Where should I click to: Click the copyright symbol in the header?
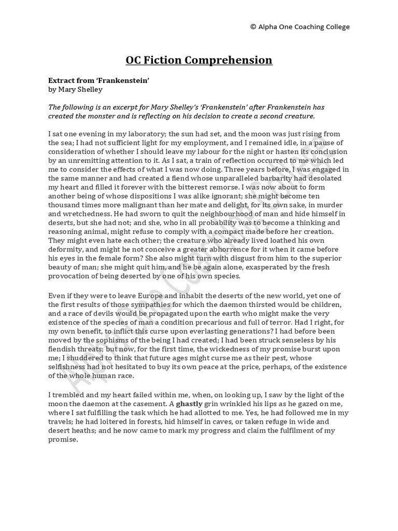252,27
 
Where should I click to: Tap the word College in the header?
335,27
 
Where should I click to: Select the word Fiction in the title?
165,60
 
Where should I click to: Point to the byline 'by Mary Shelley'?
75,89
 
